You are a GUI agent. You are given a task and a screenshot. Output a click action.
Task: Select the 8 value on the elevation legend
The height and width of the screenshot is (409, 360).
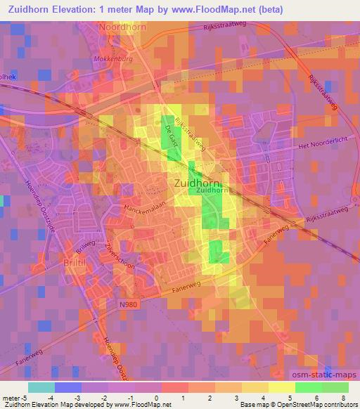[x=343, y=397]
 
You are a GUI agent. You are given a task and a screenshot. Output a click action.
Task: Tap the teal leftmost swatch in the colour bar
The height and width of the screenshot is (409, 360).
[x=42, y=387]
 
